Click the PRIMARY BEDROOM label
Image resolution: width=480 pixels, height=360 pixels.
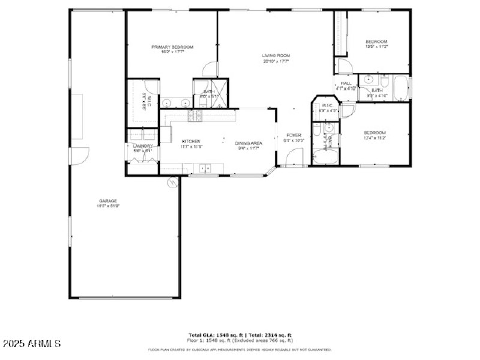pos(172,47)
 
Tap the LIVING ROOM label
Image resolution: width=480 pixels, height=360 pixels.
pos(275,56)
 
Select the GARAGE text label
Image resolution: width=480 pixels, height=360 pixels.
pos(108,201)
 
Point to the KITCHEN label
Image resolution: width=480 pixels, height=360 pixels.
pos(191,142)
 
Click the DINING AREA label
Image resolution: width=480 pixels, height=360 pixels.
pos(248,143)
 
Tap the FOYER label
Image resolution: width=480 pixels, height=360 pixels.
pos(293,136)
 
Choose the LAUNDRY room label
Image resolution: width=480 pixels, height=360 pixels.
pos(143,146)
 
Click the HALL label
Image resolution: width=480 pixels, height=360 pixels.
pos(346,83)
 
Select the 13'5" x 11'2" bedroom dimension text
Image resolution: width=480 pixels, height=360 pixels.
pos(377,46)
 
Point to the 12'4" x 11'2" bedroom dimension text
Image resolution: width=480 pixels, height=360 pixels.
pos(375,138)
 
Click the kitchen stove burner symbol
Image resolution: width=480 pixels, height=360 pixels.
pos(195,115)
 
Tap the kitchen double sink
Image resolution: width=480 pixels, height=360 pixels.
pos(205,169)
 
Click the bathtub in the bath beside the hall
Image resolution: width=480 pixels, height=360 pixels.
pos(400,88)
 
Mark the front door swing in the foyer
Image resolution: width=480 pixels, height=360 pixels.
pos(294,158)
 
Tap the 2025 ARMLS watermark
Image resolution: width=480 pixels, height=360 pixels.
pos(31,344)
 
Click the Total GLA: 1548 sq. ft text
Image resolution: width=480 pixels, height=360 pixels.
pos(216,335)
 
